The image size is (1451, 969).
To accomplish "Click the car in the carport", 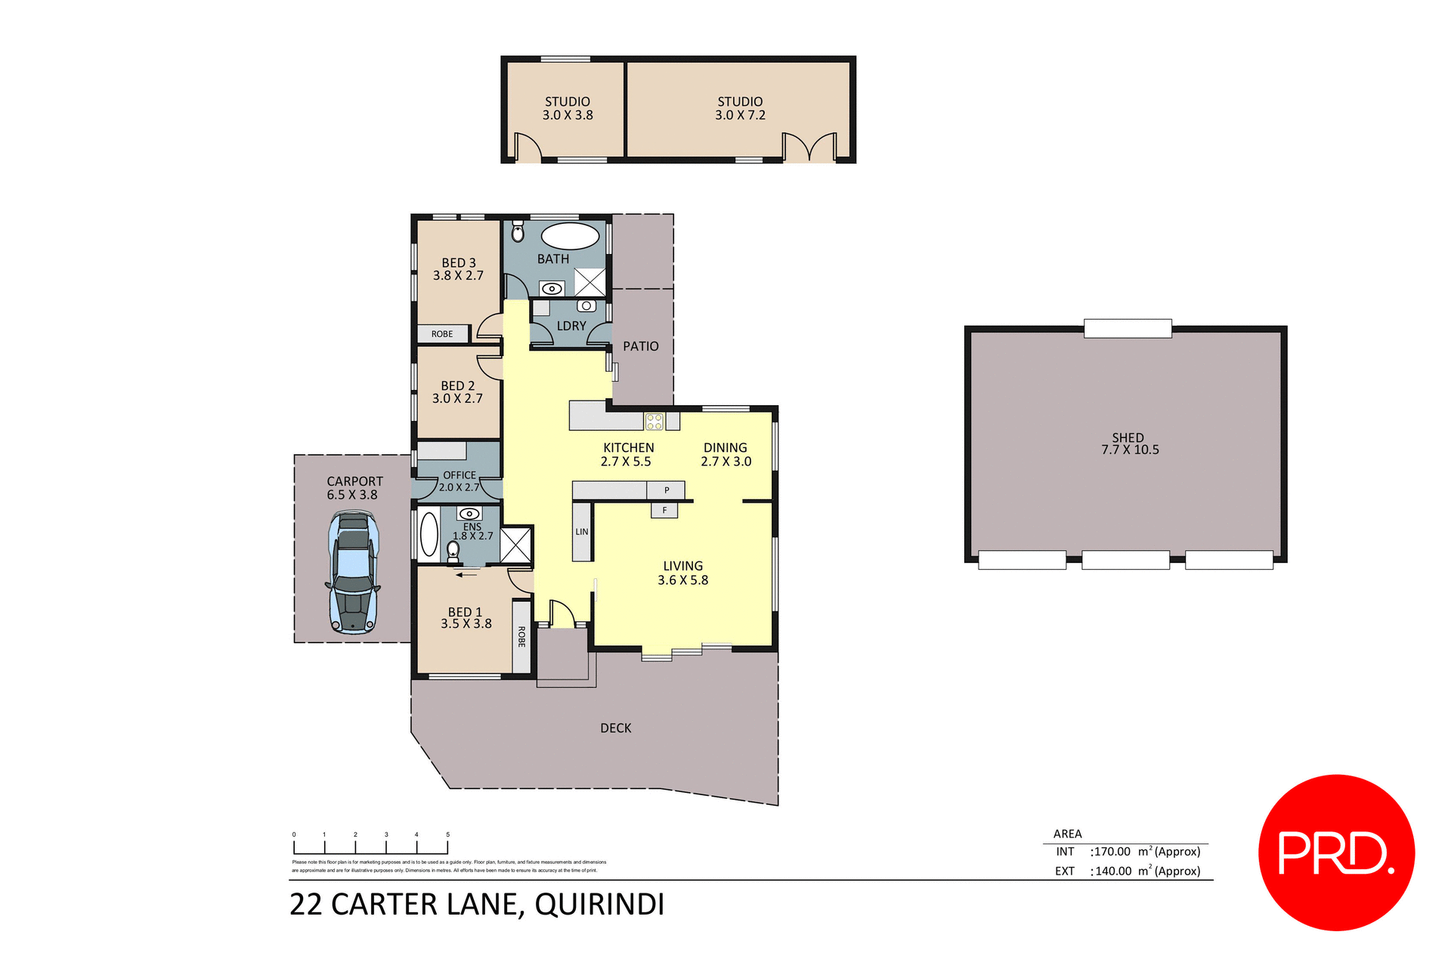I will tap(352, 572).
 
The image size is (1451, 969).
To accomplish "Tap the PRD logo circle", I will tap(1335, 852).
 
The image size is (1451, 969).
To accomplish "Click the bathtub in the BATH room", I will tap(571, 236).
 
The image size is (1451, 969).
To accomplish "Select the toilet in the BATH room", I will tap(518, 232).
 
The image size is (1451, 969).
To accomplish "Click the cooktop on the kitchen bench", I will tap(654, 422).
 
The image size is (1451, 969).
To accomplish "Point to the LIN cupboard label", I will tap(582, 532).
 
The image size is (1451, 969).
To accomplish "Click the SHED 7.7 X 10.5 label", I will tap(1129, 444).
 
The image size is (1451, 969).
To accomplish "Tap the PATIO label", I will tap(641, 346).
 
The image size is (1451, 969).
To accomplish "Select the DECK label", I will tap(616, 728).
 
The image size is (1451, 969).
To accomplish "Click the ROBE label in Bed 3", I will tap(442, 334).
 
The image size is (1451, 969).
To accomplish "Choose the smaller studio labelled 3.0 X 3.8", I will tap(567, 109).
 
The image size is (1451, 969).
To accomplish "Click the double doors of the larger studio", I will tap(809, 147).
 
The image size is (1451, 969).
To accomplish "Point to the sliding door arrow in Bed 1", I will tap(466, 575).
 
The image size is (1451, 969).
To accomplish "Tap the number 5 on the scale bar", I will tap(447, 834).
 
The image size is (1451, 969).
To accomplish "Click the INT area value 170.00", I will tap(1112, 852).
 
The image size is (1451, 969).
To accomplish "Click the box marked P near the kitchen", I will tap(666, 490).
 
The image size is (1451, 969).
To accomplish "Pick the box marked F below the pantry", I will tap(664, 510).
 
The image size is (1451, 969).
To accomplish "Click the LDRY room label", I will tap(571, 326).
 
